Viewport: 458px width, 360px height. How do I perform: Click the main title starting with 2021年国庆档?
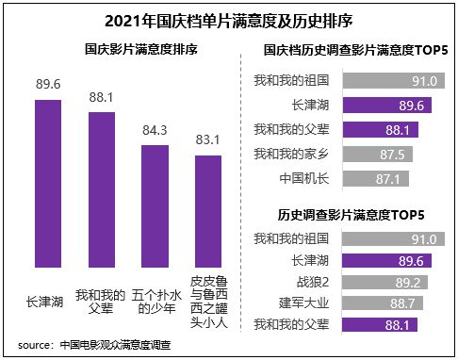click(x=229, y=19)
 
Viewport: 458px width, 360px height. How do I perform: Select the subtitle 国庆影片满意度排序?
click(x=125, y=50)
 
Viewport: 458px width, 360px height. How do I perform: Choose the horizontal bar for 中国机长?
click(x=387, y=177)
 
